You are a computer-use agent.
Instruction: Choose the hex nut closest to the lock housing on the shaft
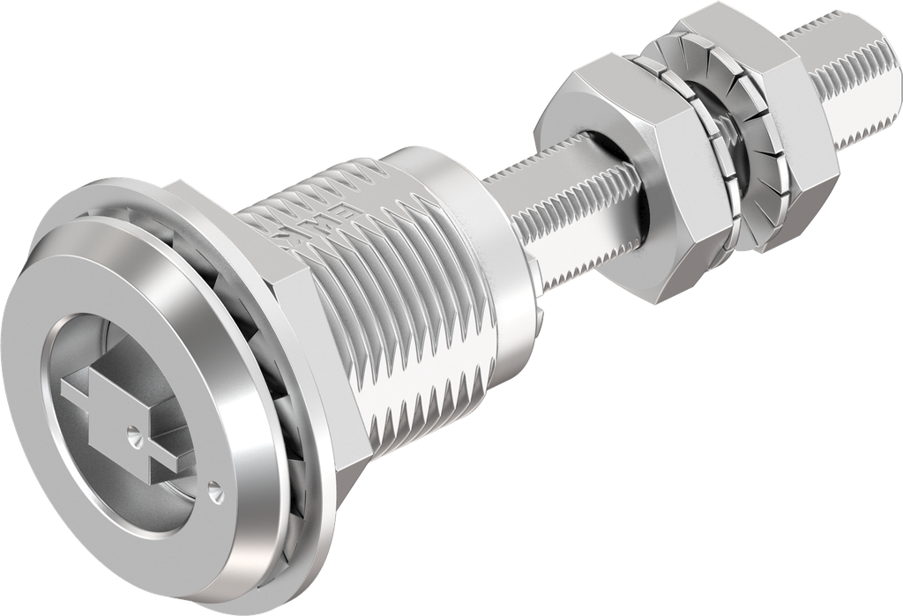(617, 185)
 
